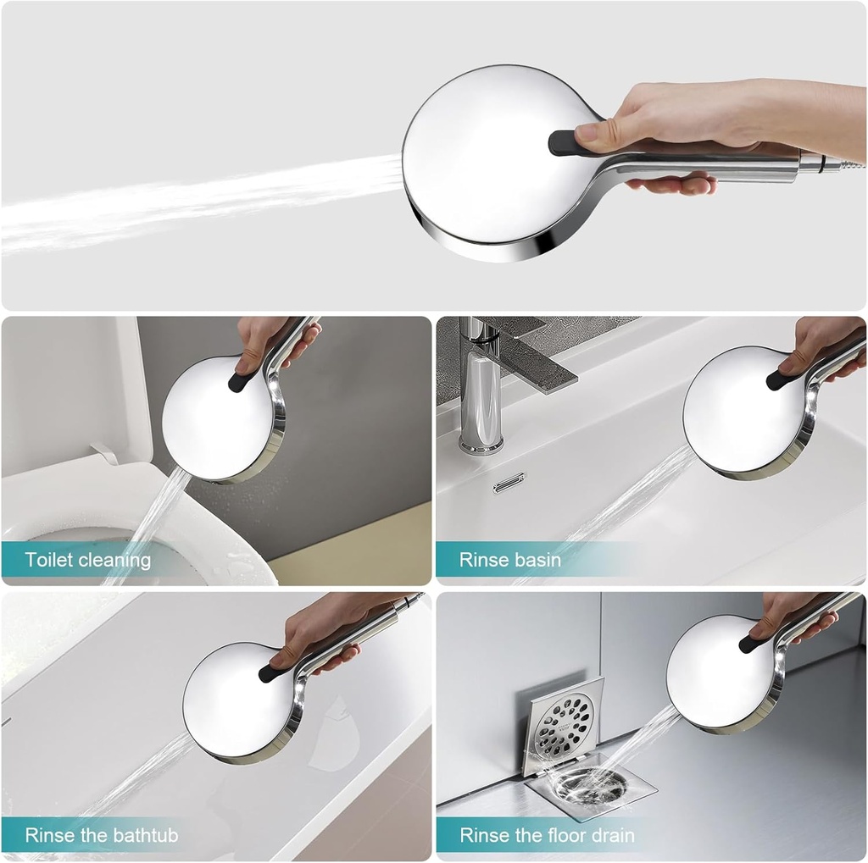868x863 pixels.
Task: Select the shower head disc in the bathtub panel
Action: tap(237, 700)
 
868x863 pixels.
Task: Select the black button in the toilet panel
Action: tap(238, 382)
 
